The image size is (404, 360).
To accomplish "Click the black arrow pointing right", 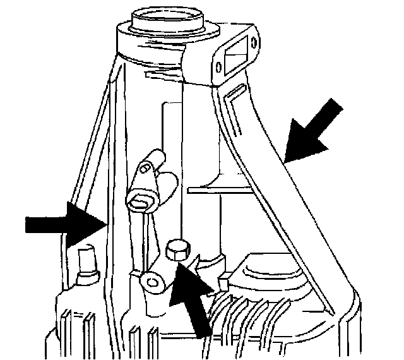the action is tap(63, 225).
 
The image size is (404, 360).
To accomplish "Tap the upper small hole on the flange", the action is tap(254, 42).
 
